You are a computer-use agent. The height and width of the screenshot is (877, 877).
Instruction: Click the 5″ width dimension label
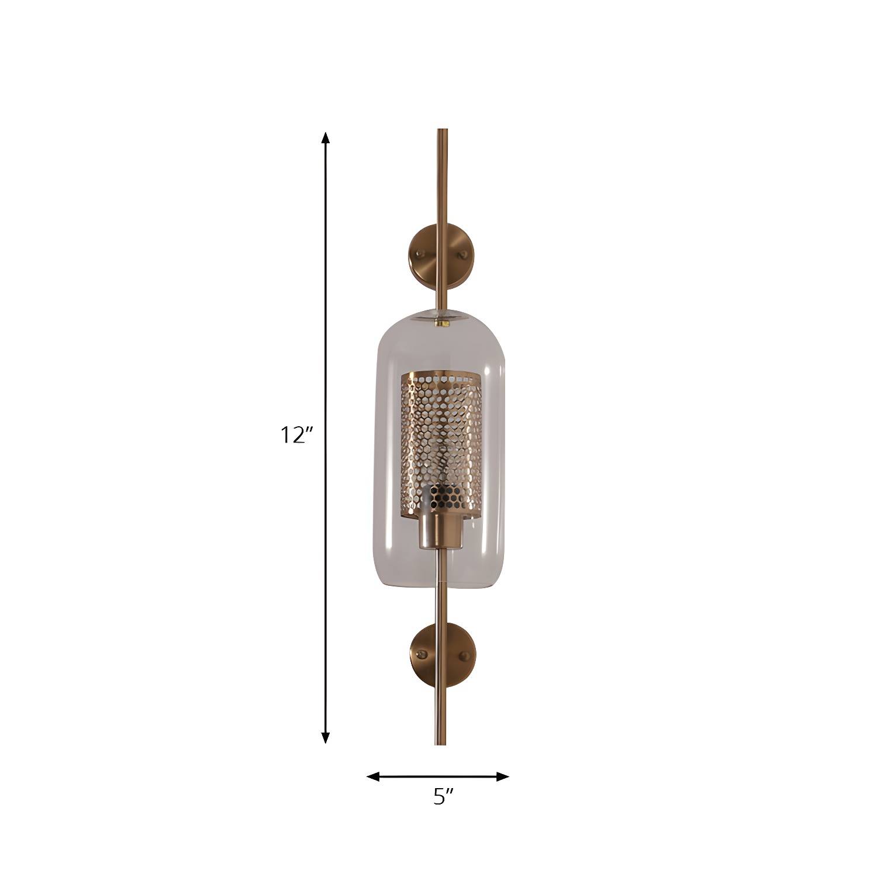[x=443, y=797]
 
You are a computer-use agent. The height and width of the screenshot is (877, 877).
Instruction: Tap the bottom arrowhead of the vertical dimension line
[x=326, y=737]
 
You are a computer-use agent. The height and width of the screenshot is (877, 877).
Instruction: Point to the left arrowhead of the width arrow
[x=373, y=776]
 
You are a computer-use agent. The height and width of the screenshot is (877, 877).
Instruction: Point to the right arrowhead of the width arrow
[x=503, y=776]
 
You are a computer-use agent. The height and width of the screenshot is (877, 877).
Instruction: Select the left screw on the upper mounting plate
[x=419, y=253]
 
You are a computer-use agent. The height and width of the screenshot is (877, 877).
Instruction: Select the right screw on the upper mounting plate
[x=464, y=254]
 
